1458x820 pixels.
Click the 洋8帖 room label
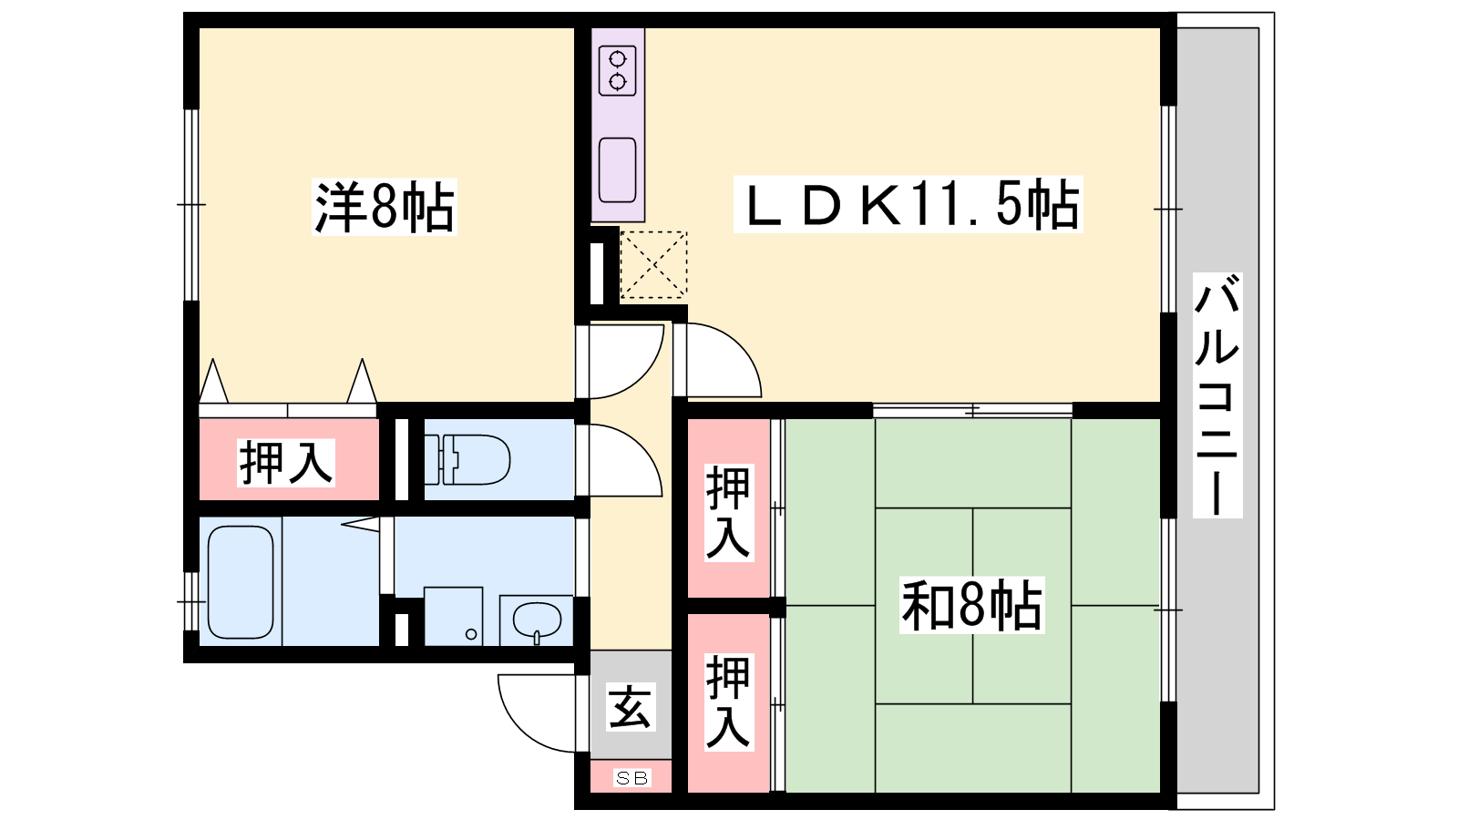point(384,206)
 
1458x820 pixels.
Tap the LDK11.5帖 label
point(908,204)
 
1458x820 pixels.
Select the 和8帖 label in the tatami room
point(971,605)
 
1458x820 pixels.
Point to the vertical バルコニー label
point(1217,395)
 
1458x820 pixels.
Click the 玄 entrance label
point(630,707)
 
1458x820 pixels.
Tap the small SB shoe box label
point(631,778)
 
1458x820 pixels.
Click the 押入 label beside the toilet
point(286,463)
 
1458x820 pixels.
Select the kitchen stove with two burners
point(617,71)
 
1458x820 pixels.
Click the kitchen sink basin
point(617,169)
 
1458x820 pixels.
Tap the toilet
point(467,459)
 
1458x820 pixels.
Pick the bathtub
point(241,582)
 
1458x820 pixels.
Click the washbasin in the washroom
point(537,620)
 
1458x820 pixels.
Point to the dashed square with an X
point(653,265)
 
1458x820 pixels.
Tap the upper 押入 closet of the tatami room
point(729,508)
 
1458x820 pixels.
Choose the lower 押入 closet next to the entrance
point(729,702)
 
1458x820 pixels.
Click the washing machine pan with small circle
point(454,616)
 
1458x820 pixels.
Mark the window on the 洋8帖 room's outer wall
point(190,205)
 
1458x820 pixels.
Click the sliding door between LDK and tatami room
point(972,411)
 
